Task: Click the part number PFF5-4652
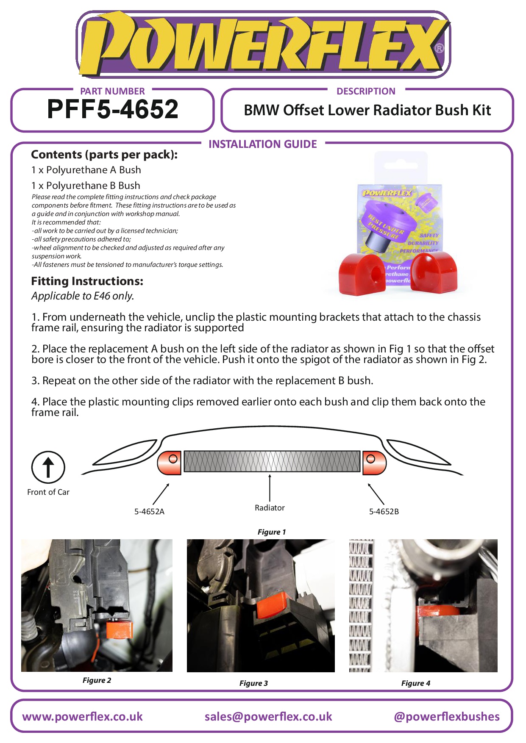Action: point(112,109)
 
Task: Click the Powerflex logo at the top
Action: point(263,44)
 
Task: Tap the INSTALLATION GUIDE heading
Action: point(262,144)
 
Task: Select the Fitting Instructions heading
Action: point(87,281)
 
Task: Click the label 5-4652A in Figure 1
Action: point(149,511)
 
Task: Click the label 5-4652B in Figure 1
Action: point(384,511)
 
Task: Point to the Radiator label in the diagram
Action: point(270,507)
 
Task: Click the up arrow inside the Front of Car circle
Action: point(48,467)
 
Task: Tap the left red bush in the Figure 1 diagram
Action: point(170,462)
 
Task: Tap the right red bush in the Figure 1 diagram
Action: point(374,462)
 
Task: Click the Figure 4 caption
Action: point(415,683)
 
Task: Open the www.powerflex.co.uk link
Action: point(82,716)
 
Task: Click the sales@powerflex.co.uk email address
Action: point(268,716)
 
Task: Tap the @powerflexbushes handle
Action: point(446,716)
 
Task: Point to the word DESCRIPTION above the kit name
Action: point(366,91)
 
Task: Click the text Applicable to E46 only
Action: point(83,296)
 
